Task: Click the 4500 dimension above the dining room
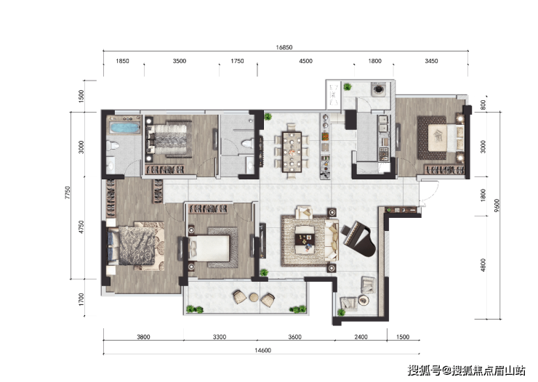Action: tap(305, 62)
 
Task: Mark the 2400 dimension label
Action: tap(360, 336)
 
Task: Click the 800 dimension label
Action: tap(483, 105)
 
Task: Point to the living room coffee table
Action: tap(305, 237)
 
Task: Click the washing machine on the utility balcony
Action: tap(379, 89)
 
